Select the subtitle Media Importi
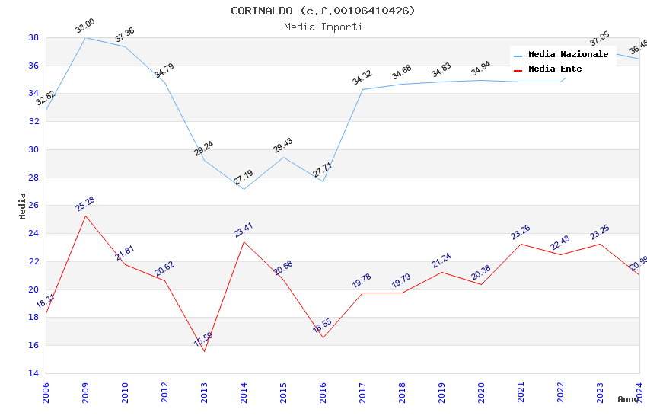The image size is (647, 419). pyautogui.click(x=323, y=27)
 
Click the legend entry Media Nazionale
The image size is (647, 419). pyautogui.click(x=568, y=55)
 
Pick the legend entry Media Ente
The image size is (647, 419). pyautogui.click(x=555, y=69)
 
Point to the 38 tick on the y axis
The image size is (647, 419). pyautogui.click(x=33, y=37)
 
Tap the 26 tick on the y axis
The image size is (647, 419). pyautogui.click(x=33, y=206)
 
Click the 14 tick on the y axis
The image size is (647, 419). pyautogui.click(x=33, y=373)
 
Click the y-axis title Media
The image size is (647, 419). pyautogui.click(x=23, y=206)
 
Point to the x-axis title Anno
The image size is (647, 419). pyautogui.click(x=628, y=399)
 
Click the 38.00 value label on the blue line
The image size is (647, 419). pyautogui.click(x=84, y=28)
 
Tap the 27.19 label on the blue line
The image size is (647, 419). pyautogui.click(x=244, y=178)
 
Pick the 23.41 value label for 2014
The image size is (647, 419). pyautogui.click(x=244, y=229)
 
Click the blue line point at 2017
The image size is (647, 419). pyautogui.click(x=362, y=90)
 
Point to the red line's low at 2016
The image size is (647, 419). pyautogui.click(x=323, y=337)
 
